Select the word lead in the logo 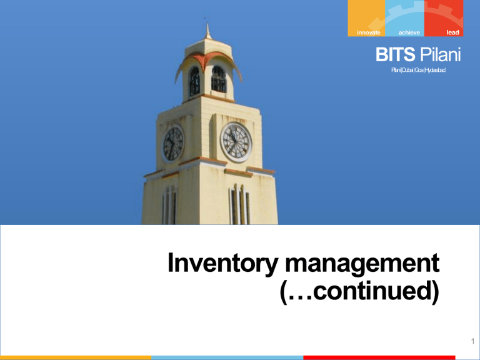pos(452,32)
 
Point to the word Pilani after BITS pos(439,56)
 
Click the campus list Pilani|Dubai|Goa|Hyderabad pos(418,72)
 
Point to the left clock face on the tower pos(172,142)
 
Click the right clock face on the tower pos(236,141)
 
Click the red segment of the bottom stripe pos(391,357)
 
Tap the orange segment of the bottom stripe pos(75,357)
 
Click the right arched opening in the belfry pos(219,79)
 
